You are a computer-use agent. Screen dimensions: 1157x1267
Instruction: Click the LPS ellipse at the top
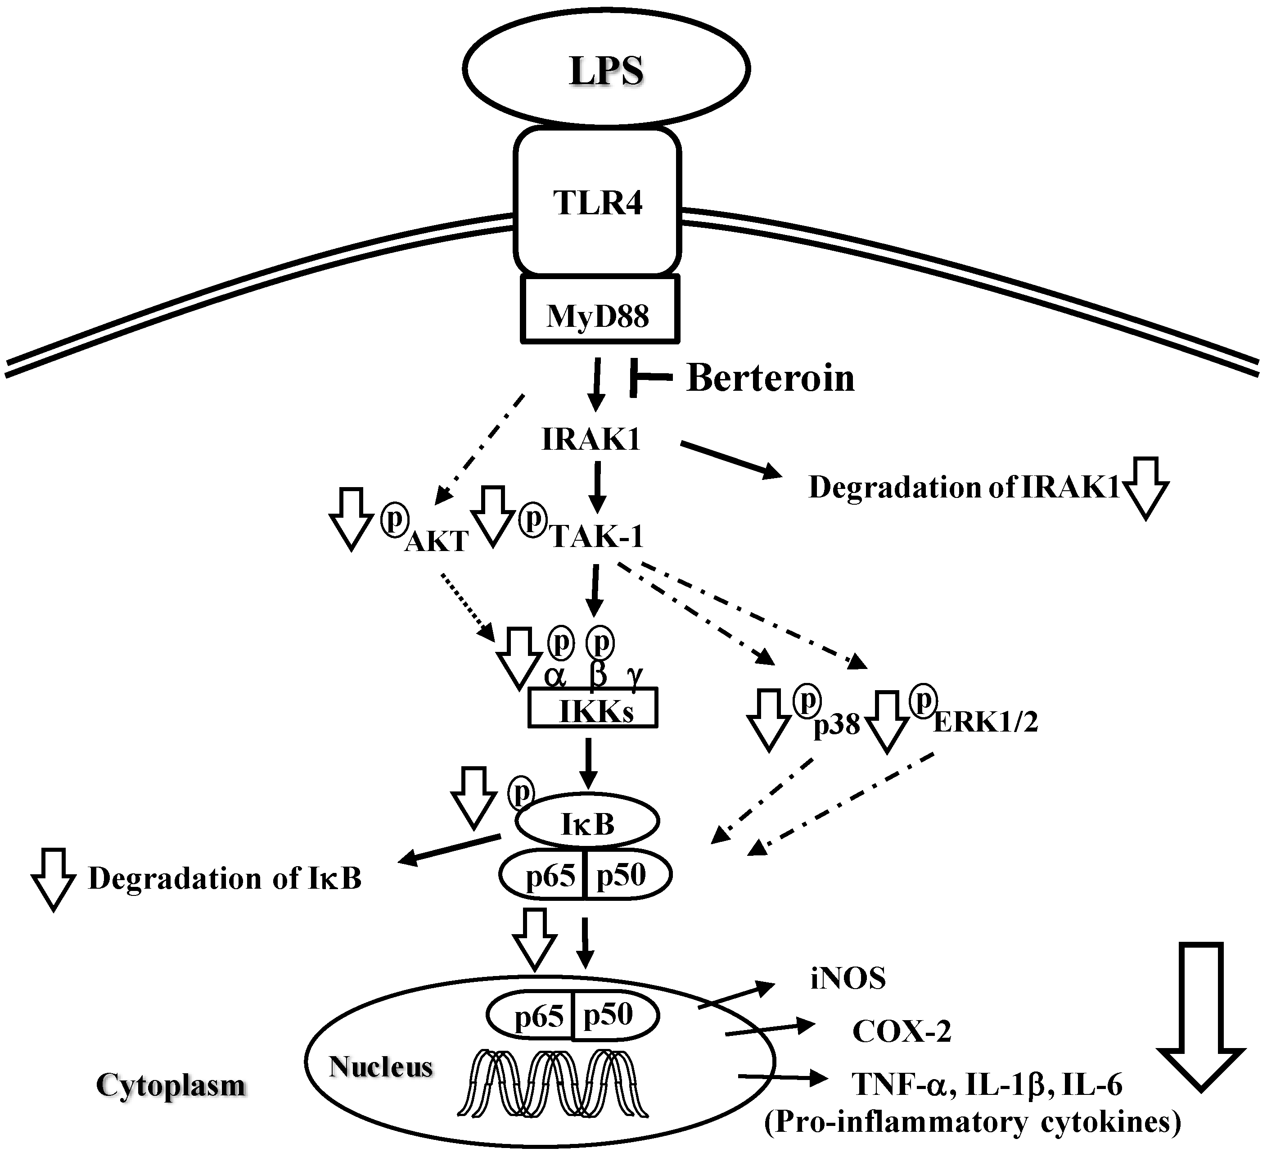pos(606,69)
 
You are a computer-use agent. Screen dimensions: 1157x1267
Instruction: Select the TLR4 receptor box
pos(597,203)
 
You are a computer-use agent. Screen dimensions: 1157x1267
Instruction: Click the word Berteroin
pos(771,378)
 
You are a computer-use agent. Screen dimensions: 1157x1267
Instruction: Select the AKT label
pos(436,541)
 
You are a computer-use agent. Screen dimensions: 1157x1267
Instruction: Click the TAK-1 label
pos(597,536)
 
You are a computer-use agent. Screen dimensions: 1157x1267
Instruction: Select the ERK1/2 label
pos(985,722)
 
